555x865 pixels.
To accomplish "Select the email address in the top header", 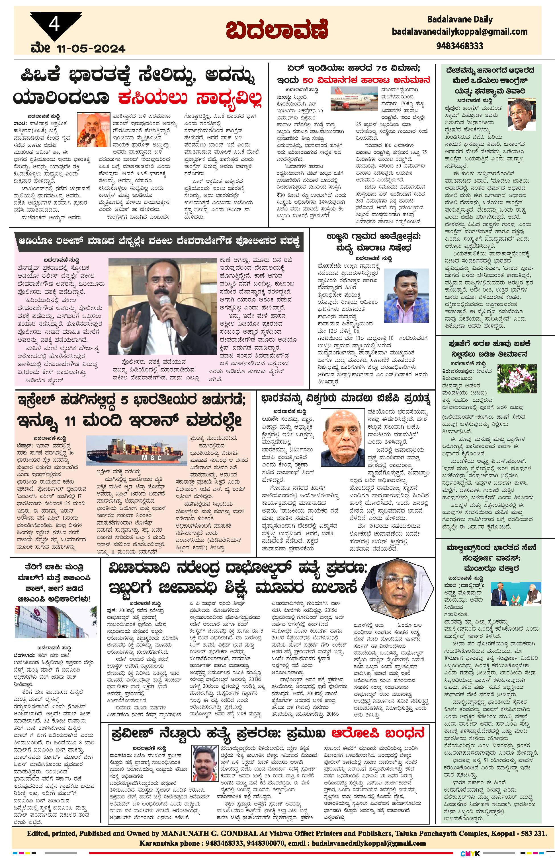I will [460, 32].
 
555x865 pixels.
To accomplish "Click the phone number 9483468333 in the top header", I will [460, 46].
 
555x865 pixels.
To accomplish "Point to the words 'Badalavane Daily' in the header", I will [460, 19].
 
